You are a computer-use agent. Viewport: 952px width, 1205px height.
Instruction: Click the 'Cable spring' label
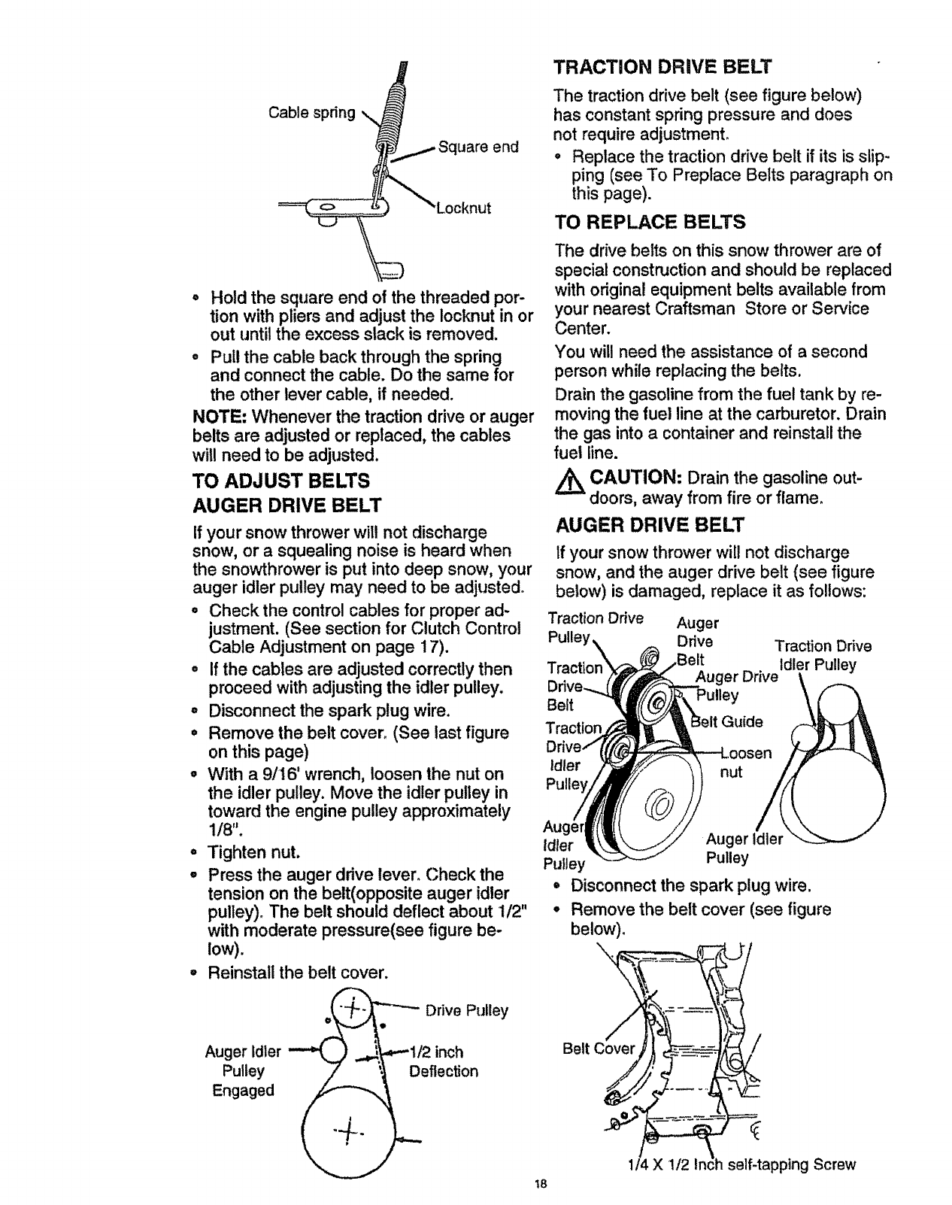[311, 113]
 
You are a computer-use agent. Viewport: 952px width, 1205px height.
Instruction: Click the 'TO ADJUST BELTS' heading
[281, 480]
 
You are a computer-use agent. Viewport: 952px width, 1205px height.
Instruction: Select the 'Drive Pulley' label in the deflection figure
[466, 1010]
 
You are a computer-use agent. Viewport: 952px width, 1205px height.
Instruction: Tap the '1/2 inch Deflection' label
[443, 1061]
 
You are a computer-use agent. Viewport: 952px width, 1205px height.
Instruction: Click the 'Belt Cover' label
[599, 1049]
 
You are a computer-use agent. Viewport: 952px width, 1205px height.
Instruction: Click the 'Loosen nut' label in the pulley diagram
[745, 762]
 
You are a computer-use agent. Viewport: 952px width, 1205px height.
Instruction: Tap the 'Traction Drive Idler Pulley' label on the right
[822, 655]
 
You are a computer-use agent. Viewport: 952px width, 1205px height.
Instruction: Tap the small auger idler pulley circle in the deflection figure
[332, 1049]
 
